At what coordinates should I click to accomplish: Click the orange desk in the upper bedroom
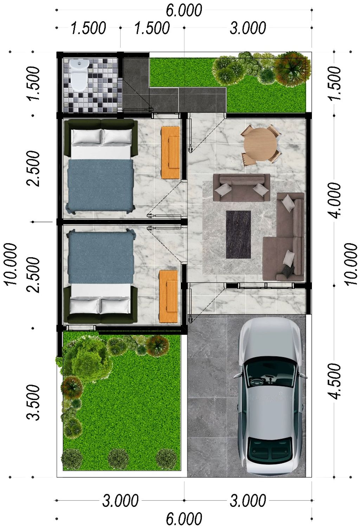pyautogui.click(x=171, y=153)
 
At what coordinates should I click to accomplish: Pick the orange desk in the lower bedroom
pyautogui.click(x=168, y=296)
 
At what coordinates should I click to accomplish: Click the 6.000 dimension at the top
pyautogui.click(x=184, y=10)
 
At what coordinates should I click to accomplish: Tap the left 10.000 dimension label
pyautogui.click(x=11, y=264)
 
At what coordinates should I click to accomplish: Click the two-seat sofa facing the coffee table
pyautogui.click(x=241, y=188)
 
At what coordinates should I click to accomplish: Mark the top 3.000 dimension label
pyautogui.click(x=248, y=28)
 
